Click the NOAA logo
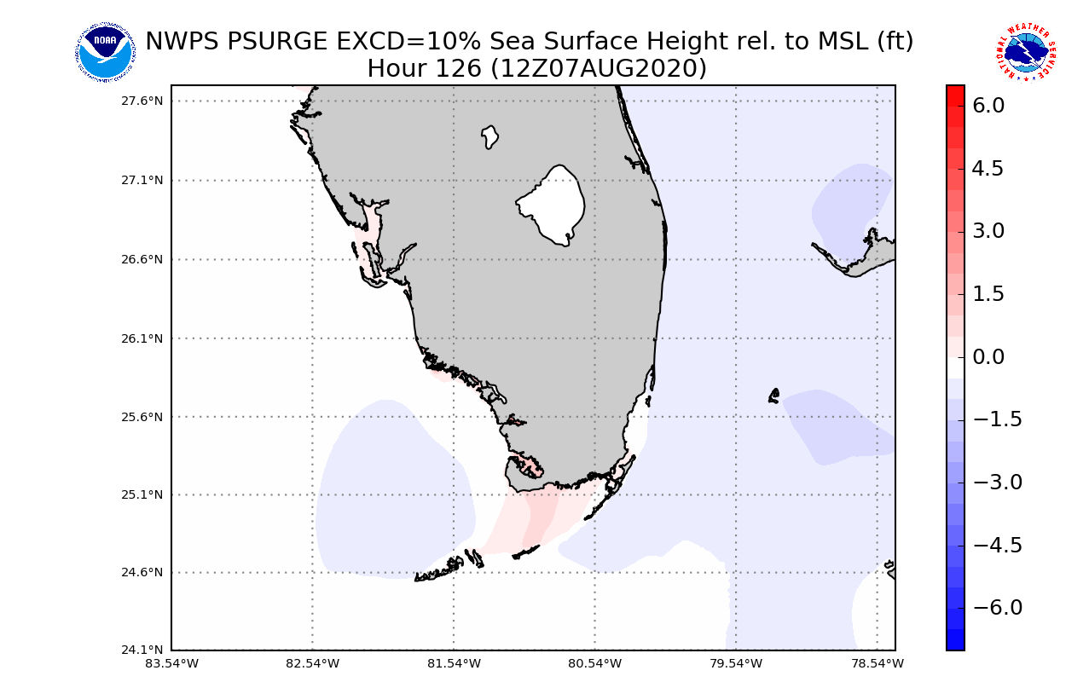pyautogui.click(x=105, y=52)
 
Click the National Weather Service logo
pyautogui.click(x=1025, y=53)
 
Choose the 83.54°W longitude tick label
pyautogui.click(x=171, y=663)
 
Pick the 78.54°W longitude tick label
pyautogui.click(x=878, y=663)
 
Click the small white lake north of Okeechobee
pyautogui.click(x=489, y=136)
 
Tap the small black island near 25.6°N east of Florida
pyautogui.click(x=774, y=395)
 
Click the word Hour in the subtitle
pyautogui.click(x=397, y=68)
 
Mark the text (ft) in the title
pyautogui.click(x=895, y=41)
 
